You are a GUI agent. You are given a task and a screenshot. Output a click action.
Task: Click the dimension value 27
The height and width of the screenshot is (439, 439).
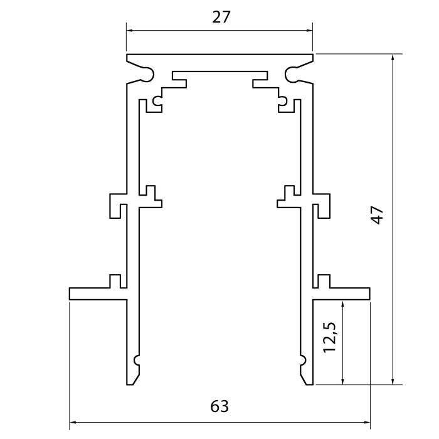(221, 17)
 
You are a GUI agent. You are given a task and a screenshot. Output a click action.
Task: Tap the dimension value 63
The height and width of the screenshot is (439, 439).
(219, 406)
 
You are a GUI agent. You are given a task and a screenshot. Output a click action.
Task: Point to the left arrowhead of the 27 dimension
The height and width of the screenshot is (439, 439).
(130, 29)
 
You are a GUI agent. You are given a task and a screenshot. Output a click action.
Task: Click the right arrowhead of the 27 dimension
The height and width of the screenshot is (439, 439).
(309, 29)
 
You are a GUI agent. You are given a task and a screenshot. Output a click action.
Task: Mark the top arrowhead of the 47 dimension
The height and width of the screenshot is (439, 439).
(393, 58)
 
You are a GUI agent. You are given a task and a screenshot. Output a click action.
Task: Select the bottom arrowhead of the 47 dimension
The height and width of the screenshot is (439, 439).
(393, 380)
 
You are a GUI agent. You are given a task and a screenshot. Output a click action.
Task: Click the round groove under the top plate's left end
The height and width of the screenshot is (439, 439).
(148, 75)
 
